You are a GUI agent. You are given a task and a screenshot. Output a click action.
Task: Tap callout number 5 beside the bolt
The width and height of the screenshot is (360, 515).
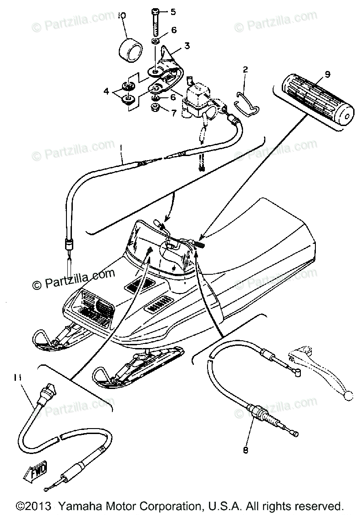[x=173, y=12]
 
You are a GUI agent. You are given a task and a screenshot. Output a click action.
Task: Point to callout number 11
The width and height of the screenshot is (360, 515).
[x=18, y=377]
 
